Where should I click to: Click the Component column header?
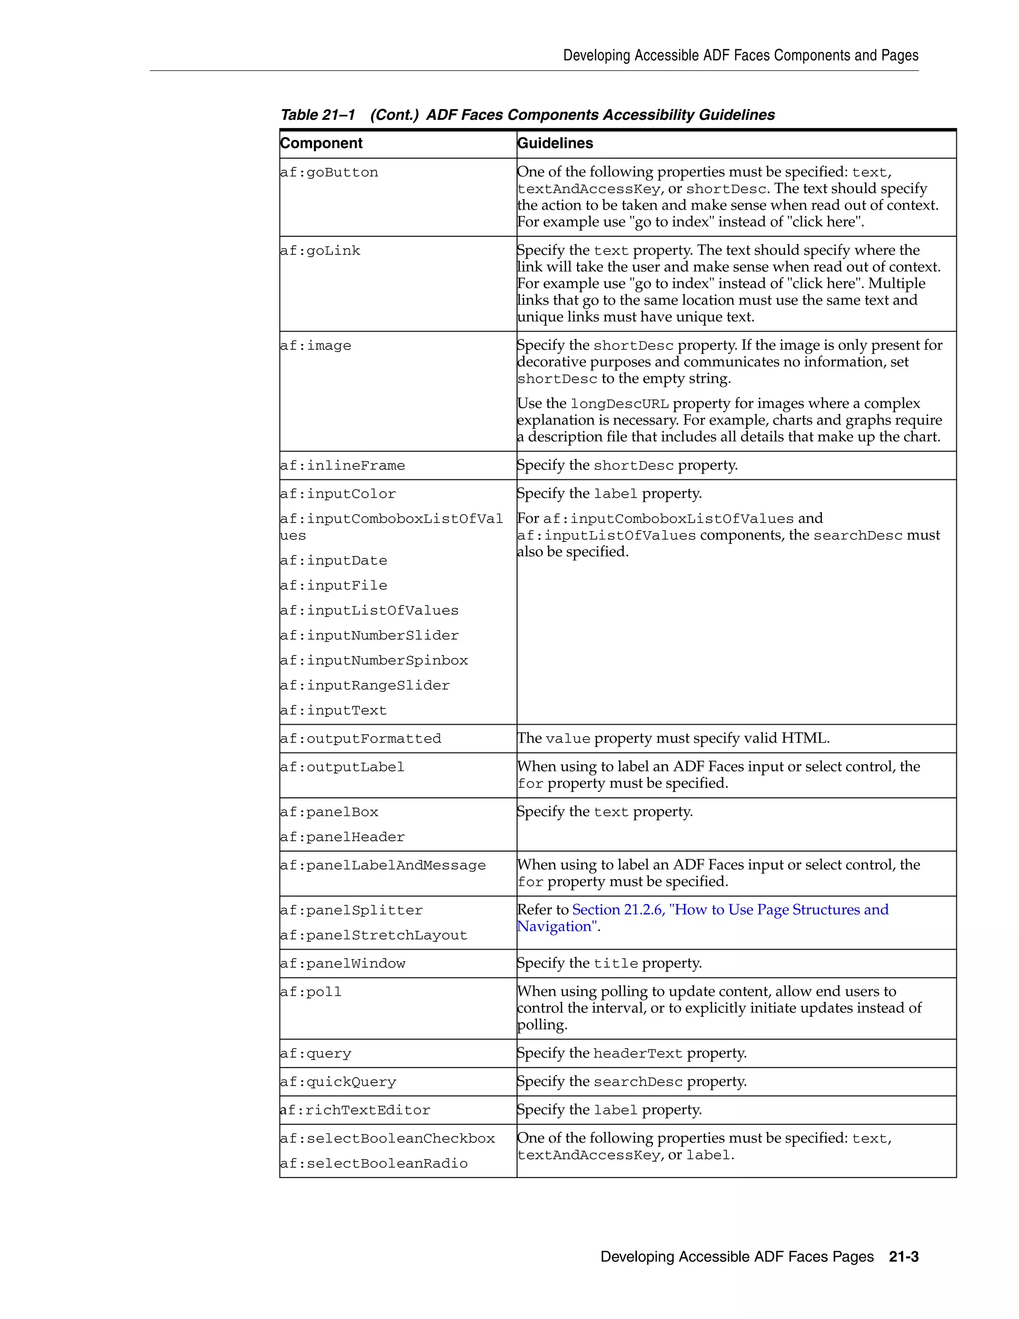pyautogui.click(x=321, y=143)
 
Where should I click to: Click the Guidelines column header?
pyautogui.click(x=555, y=143)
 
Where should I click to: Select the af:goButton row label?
pyautogui.click(x=329, y=173)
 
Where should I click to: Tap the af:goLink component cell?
pyautogui.click(x=320, y=251)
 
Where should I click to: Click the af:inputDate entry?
pyautogui.click(x=333, y=560)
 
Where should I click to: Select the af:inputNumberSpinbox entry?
pyautogui.click(x=374, y=660)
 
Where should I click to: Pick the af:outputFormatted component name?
pyautogui.click(x=360, y=739)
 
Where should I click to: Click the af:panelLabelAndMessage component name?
pyautogui.click(x=383, y=866)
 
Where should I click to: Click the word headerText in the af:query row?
pyautogui.click(x=637, y=1054)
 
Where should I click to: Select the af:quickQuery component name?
pyautogui.click(x=338, y=1082)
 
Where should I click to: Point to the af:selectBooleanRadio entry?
pyautogui.click(x=374, y=1164)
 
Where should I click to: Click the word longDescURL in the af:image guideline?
pyautogui.click(x=619, y=404)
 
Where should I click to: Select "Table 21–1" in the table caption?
pyautogui.click(x=317, y=115)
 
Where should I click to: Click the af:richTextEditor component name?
pyautogui.click(x=355, y=1110)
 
